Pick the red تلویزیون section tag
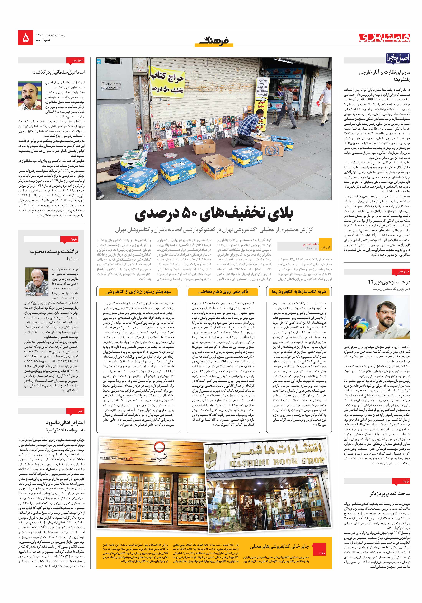click(78, 60)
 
